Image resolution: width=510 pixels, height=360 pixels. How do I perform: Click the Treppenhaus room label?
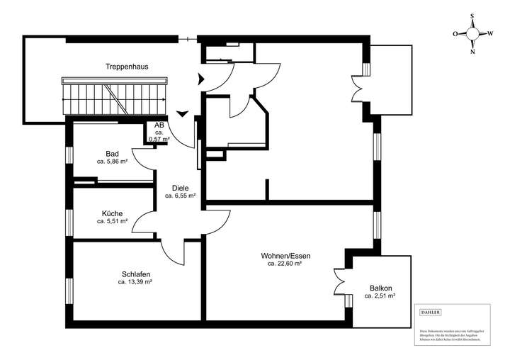[127, 67]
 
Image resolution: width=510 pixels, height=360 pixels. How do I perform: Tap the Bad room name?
[112, 154]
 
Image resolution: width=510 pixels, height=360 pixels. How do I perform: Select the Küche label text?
[112, 213]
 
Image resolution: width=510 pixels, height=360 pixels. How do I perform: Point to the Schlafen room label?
[135, 274]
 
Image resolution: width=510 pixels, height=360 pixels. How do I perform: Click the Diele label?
[180, 188]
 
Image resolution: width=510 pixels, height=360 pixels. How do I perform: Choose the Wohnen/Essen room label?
[285, 255]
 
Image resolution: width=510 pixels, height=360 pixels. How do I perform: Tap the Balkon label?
[380, 288]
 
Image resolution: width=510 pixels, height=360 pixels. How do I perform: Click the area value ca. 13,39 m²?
[135, 282]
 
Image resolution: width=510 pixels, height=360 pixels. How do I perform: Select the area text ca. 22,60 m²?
[285, 264]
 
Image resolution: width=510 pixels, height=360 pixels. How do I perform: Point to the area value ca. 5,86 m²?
[112, 162]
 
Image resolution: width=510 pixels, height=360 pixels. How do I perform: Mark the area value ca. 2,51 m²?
[380, 296]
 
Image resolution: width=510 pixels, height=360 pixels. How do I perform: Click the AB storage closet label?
[159, 125]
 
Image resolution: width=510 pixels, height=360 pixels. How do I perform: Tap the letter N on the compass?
[473, 51]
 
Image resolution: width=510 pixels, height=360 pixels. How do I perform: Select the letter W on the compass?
[491, 33]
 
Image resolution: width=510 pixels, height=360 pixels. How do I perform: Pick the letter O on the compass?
[455, 33]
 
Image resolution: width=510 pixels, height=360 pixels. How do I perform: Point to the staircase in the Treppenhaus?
[116, 97]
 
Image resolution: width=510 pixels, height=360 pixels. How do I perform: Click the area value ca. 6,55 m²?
[180, 196]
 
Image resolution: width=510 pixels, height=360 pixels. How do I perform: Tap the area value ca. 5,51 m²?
[112, 221]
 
